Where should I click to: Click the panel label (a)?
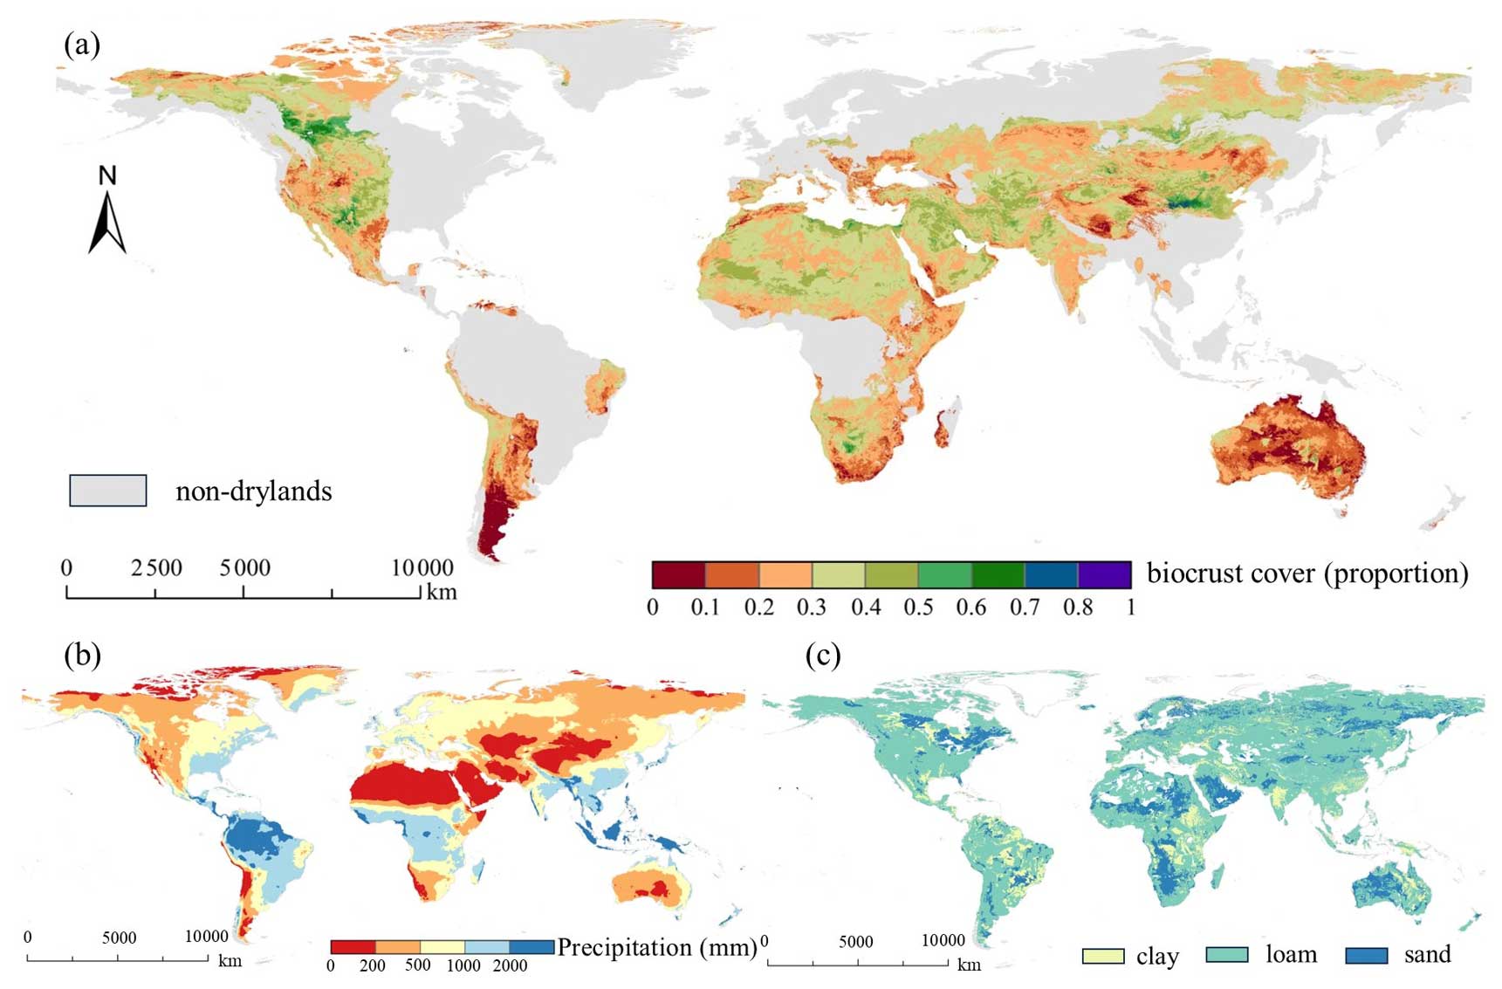click(x=82, y=44)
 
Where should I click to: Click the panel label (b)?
click(x=82, y=655)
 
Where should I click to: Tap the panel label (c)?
click(x=823, y=655)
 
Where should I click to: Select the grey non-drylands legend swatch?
click(x=107, y=491)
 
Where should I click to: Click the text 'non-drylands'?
click(x=254, y=491)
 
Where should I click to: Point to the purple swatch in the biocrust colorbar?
click(x=1104, y=575)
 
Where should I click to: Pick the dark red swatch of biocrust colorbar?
click(x=678, y=575)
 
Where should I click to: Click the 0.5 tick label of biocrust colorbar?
click(x=918, y=607)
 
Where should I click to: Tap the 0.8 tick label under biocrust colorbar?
click(x=1078, y=607)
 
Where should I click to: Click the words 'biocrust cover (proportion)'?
click(x=1307, y=573)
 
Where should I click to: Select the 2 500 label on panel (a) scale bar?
click(x=157, y=568)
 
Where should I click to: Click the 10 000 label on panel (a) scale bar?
click(x=422, y=568)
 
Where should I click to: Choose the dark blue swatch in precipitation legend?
click(x=532, y=947)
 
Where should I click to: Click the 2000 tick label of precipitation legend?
click(x=510, y=965)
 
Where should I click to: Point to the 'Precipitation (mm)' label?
click(x=656, y=947)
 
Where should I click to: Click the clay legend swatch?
click(x=1102, y=956)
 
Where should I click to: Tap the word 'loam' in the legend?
click(x=1291, y=955)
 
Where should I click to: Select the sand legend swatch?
click(x=1366, y=956)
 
